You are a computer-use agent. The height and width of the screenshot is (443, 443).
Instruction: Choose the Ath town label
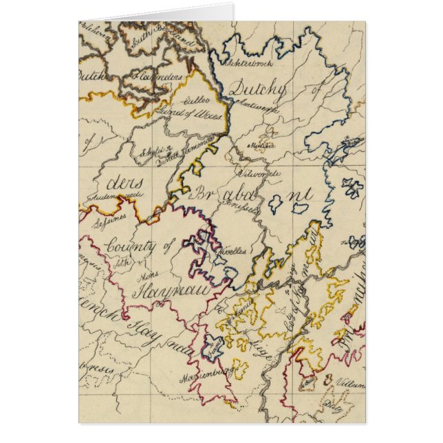point(122,261)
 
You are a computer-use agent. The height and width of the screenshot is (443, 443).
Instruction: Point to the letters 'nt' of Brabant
point(300,195)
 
